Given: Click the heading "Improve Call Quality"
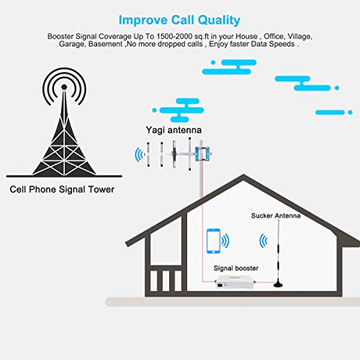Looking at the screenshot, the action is point(179,20).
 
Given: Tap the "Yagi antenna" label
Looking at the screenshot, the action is point(174,130).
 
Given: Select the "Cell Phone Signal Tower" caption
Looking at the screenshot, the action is point(62,189).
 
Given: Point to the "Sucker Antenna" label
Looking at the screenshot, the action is point(276,215).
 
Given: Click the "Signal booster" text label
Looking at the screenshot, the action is point(236,268).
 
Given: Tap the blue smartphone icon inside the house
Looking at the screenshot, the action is point(213,240).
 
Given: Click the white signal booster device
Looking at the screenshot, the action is point(235,282).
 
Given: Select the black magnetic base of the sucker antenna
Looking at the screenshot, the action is point(278,284).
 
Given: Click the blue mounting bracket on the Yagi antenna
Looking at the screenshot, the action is point(203,154).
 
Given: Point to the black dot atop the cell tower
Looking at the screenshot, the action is point(64,87).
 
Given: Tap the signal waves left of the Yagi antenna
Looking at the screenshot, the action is point(140,155).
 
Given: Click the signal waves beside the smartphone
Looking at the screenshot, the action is point(225,240).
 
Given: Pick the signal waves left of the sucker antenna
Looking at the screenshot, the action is point(264,240).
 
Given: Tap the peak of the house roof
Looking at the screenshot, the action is point(243,175).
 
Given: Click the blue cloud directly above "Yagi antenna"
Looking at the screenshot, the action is point(178,110).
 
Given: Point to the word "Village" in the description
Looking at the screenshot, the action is point(300,37).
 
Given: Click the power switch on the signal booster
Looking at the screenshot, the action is point(220,285).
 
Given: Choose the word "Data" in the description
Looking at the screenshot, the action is point(259,44).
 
